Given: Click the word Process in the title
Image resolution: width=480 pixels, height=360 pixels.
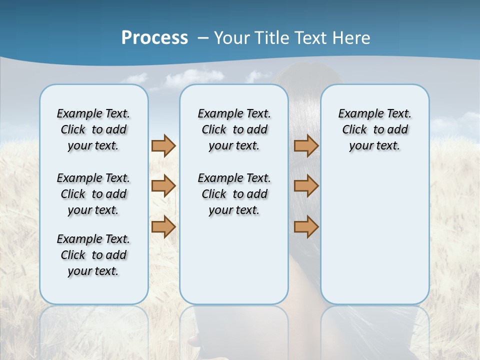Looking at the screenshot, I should coord(154,37).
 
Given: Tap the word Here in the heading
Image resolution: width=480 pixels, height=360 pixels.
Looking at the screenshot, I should coord(352,38).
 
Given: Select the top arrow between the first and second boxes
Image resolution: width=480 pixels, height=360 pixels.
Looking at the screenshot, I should coord(163,145).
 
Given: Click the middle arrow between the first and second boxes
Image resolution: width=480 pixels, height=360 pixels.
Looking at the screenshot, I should coord(163,186).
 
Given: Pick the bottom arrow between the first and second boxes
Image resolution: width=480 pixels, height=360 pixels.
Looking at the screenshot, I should coord(163,227).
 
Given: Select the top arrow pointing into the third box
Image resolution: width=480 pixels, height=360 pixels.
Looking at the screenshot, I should coord(306,145).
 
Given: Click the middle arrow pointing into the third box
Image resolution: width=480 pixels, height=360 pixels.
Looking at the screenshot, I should coord(306,186).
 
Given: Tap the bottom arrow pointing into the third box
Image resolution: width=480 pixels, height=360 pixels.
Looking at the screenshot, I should coord(306,227).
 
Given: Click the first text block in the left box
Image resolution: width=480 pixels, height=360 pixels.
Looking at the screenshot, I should coord(93,129).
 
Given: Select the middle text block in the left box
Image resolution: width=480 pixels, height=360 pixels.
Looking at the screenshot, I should coord(93,194).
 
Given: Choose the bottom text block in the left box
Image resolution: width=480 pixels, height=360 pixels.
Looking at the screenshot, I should coord(93,255).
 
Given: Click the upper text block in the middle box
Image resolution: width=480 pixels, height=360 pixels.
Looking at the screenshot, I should coord(234,129).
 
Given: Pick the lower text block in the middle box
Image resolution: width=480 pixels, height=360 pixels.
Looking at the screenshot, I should coord(234,194).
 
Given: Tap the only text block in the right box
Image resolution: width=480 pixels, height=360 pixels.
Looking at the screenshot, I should coord(375,129).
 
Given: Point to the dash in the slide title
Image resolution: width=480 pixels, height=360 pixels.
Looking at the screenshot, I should coord(203,38).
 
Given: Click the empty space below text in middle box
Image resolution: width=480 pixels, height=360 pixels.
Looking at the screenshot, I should coord(234,260).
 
